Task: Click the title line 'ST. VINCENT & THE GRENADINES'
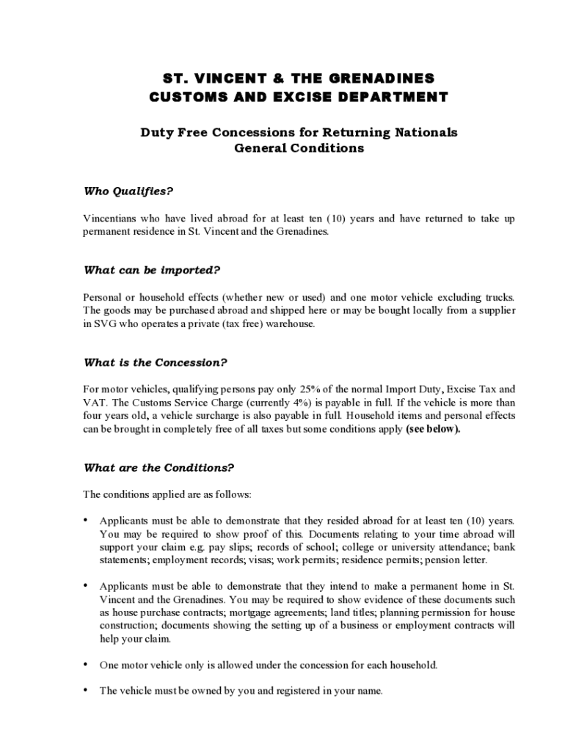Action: (298, 78)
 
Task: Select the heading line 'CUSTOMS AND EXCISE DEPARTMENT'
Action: (298, 97)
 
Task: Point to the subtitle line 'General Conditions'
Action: (299, 148)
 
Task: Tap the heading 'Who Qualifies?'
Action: (128, 191)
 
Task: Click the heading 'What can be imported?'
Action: (152, 270)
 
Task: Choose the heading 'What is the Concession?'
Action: (156, 362)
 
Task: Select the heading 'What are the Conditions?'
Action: (158, 467)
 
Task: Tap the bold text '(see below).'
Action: (433, 430)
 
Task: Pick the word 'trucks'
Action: (499, 297)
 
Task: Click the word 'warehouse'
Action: (289, 323)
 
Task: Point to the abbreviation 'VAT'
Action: (92, 403)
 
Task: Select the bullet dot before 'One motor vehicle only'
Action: (87, 664)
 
